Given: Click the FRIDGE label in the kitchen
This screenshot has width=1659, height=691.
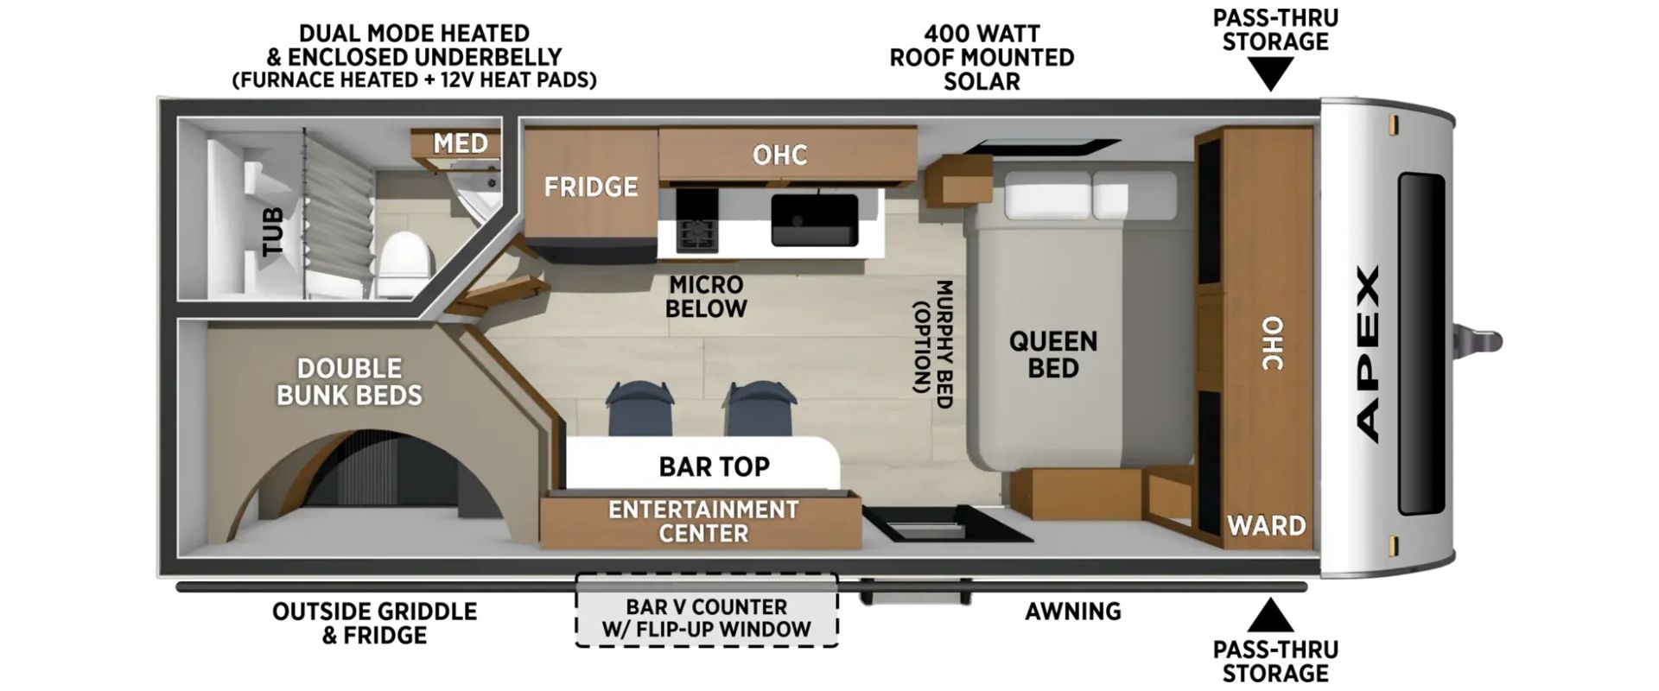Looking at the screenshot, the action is coord(591,187).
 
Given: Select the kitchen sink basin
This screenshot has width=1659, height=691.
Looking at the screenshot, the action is coord(815,219).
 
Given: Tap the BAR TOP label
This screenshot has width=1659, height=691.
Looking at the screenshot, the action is coord(714,467).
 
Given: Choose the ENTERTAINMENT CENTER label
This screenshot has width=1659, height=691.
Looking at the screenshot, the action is coord(703,521).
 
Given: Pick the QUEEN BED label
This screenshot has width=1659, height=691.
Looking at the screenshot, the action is coord(1053,354).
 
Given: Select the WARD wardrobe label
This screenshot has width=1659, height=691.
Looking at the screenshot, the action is coord(1267,525).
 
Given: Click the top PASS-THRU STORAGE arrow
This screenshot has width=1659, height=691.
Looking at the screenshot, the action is coord(1269,74).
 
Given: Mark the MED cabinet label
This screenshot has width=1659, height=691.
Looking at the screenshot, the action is coord(461,143).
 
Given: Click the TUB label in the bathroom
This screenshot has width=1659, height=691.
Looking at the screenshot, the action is coord(273,231).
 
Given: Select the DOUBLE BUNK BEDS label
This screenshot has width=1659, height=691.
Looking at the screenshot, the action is coord(349,382).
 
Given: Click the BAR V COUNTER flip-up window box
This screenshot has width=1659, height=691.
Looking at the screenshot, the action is coord(706,610).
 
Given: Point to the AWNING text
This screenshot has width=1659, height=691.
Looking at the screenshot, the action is coord(1073,612).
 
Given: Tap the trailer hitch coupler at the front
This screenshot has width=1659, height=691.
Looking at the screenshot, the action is coord(1479,340).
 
